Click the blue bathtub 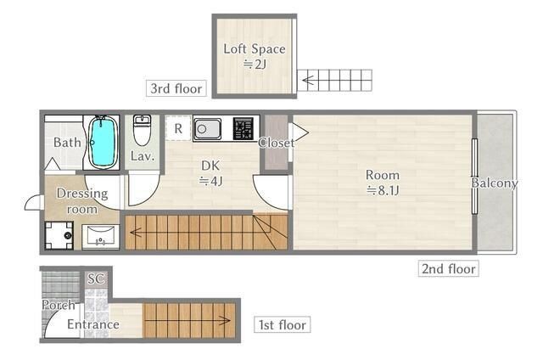point(103,142)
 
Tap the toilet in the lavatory point(142,130)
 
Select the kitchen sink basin point(207,129)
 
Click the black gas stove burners point(244,128)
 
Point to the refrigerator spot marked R point(178,128)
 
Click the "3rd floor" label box point(176,88)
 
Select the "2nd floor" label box point(449,268)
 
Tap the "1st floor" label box point(283,324)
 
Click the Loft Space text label point(255,49)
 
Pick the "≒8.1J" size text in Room point(383,190)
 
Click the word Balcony point(495,183)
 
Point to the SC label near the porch point(96,278)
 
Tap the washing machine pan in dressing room point(59,235)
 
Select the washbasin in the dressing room point(101,237)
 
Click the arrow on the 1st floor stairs point(188,320)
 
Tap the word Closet point(277,143)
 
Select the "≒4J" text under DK point(210,181)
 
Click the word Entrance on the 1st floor point(93,324)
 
